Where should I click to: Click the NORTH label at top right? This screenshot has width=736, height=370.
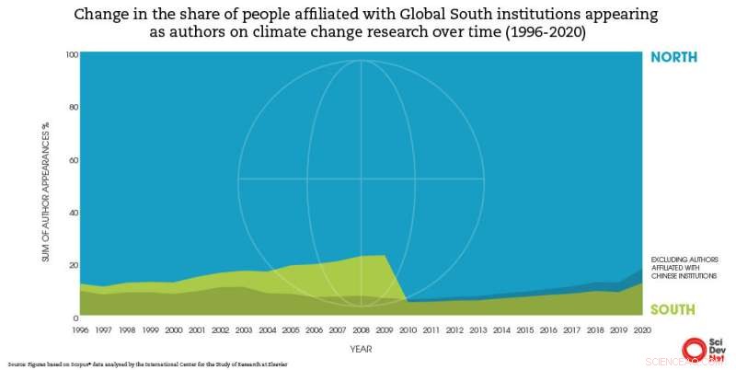[x=673, y=57]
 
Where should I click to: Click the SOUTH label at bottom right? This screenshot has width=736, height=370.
[x=673, y=309]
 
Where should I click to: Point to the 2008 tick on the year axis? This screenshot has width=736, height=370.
[x=361, y=327]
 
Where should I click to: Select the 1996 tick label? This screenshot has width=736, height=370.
[x=81, y=327]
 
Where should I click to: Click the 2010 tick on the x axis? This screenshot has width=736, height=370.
[x=408, y=327]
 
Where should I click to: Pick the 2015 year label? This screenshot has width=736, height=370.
[x=523, y=327]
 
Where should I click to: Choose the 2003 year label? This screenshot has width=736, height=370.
[x=244, y=327]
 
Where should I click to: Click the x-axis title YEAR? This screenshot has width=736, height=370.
[x=361, y=349]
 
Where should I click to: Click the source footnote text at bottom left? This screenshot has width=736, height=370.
[x=147, y=364]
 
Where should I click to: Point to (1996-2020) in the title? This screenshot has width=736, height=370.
[x=535, y=33]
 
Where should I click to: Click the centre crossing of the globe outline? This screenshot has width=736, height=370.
[x=361, y=179]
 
